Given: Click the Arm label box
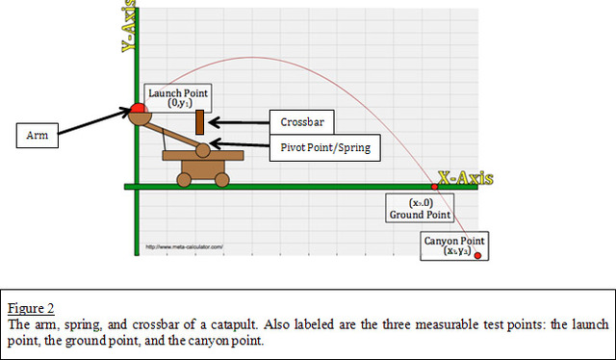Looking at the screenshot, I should pyautogui.click(x=38, y=137).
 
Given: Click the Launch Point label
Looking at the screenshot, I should pyautogui.click(x=177, y=96).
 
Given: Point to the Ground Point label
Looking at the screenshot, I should pyautogui.click(x=418, y=210).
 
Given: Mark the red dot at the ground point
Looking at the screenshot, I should pyautogui.click(x=433, y=186).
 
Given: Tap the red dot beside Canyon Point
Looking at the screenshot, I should pyautogui.click(x=477, y=255).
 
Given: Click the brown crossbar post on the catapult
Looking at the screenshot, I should pyautogui.click(x=199, y=122).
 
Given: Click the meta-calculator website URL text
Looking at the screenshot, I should pyautogui.click(x=184, y=246).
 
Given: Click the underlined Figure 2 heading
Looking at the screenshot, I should pyautogui.click(x=30, y=308).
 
